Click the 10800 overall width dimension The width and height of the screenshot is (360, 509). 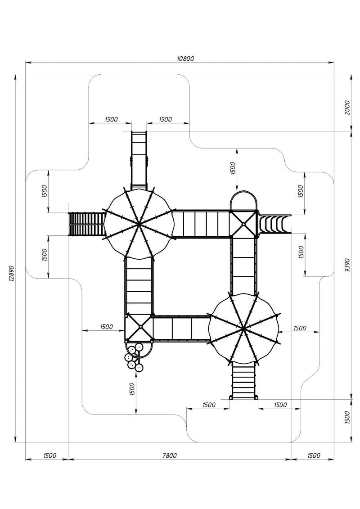tap(185, 59)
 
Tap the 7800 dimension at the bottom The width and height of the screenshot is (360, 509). tap(170, 455)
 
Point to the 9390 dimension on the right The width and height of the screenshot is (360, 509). tap(347, 265)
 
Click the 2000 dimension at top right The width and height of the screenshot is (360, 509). tap(347, 108)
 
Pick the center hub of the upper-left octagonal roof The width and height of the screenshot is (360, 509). tap(139, 223)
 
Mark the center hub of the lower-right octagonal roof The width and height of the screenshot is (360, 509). tap(243, 329)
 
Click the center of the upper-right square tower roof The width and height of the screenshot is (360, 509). tap(243, 223)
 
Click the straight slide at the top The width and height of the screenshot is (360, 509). tap(139, 160)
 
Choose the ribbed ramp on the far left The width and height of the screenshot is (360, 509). tap(87, 224)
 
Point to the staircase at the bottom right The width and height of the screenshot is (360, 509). tap(244, 380)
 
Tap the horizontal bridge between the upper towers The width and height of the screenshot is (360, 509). tap(201, 224)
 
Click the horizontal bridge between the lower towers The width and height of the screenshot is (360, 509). tap(181, 328)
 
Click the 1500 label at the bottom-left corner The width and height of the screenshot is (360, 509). tap(49, 455)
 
